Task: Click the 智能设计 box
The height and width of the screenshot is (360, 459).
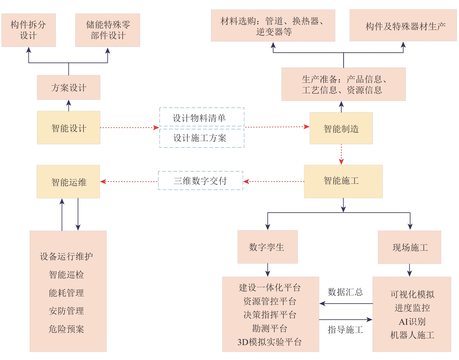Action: click(x=69, y=128)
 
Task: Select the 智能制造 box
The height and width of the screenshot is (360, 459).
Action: click(x=341, y=128)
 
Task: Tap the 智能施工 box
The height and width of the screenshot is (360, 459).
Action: click(x=343, y=181)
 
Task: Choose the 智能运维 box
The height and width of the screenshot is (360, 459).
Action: click(x=68, y=182)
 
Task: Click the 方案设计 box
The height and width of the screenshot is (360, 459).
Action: click(x=69, y=88)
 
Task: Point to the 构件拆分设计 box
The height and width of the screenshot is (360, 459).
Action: click(x=29, y=30)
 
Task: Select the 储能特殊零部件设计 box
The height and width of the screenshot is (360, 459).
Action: click(x=108, y=30)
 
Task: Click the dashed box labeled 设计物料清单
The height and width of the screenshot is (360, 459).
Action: click(x=202, y=117)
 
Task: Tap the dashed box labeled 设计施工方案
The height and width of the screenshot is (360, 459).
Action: click(x=202, y=138)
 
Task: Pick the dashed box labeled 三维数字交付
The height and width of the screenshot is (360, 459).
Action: click(x=201, y=180)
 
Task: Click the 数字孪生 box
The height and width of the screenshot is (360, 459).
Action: click(x=268, y=247)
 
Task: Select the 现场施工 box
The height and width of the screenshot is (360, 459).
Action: click(x=409, y=247)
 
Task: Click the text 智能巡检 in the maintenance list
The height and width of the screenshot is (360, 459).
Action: click(x=66, y=275)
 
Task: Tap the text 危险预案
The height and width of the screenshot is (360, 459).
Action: click(x=66, y=329)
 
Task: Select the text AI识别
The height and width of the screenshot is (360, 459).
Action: click(x=412, y=322)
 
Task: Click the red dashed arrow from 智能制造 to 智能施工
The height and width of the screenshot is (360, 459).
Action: click(x=341, y=154)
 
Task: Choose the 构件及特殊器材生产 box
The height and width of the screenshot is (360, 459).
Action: click(x=403, y=25)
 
